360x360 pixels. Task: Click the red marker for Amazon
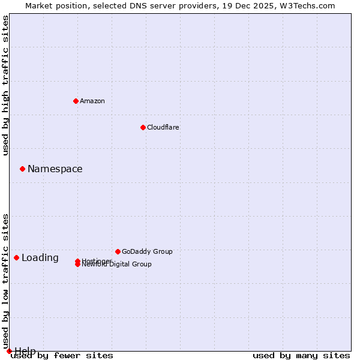tap(76, 101)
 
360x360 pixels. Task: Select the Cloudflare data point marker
tap(143, 127)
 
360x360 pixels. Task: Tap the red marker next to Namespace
tap(22, 169)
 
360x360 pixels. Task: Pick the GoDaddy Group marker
tap(118, 251)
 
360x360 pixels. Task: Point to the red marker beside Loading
tap(16, 257)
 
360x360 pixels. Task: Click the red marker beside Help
tap(9, 351)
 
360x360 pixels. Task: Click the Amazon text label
tap(92, 101)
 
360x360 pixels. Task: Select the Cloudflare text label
tap(163, 127)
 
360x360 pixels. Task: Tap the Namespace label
tap(55, 169)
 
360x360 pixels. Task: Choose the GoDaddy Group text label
tap(147, 251)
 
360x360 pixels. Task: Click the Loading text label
tap(40, 258)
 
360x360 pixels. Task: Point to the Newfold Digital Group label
tap(117, 265)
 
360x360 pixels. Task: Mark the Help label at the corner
tap(25, 351)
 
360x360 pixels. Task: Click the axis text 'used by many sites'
tap(301, 356)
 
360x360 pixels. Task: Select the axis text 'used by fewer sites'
tap(62, 356)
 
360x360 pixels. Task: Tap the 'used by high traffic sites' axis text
tap(6, 86)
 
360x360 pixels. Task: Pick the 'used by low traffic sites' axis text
tap(6, 281)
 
